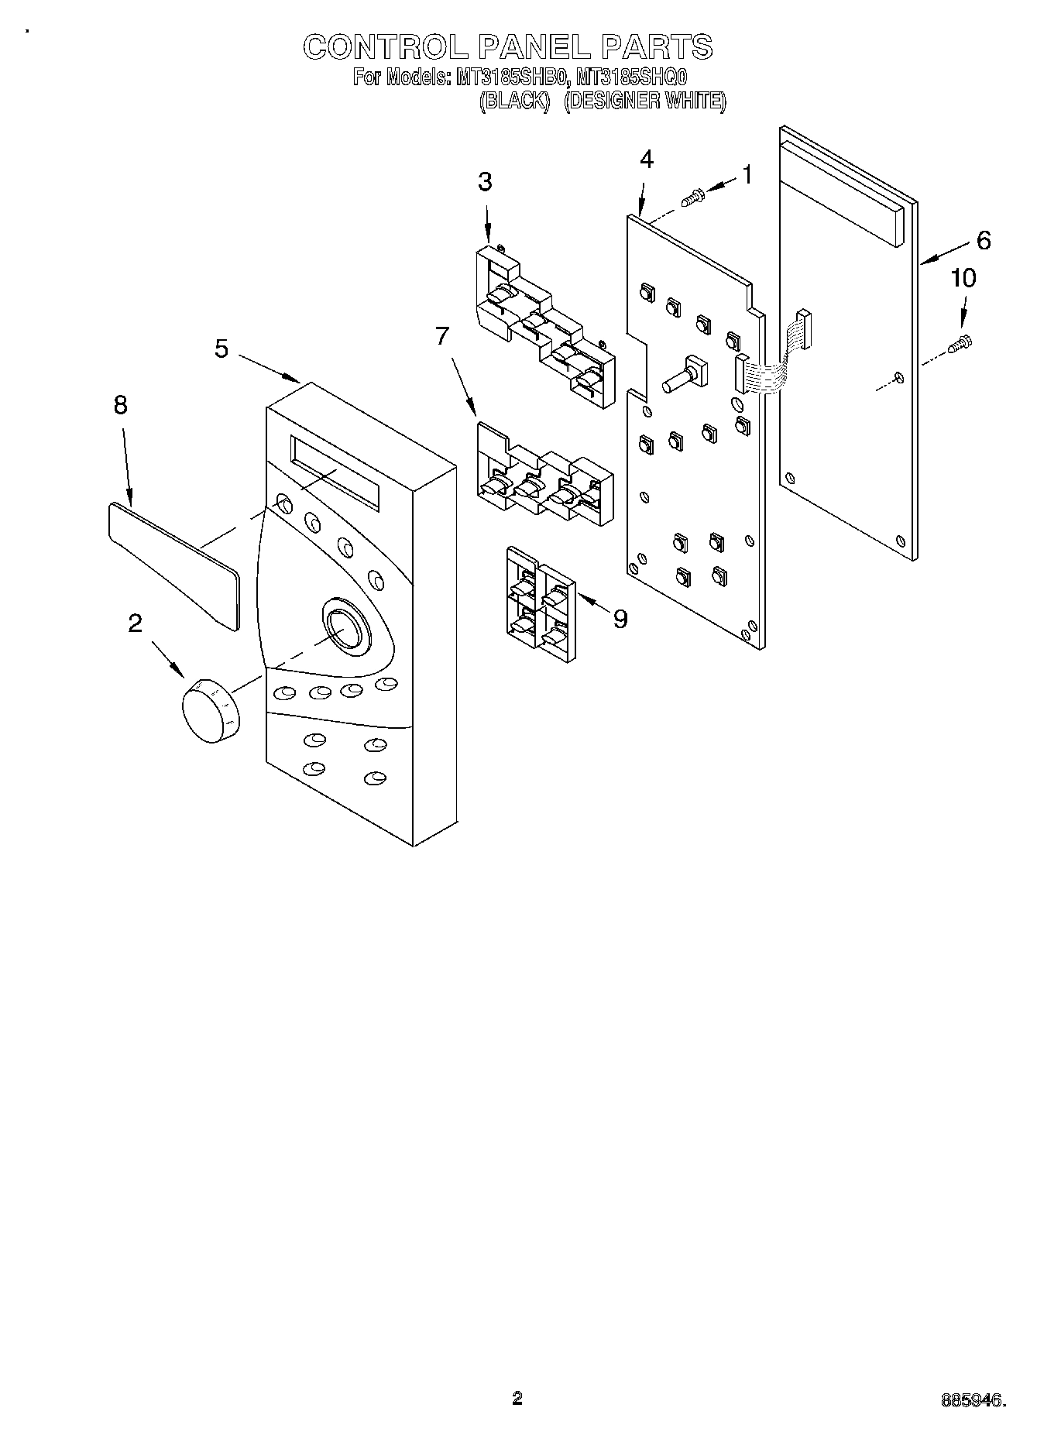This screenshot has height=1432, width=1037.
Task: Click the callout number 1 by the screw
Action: coord(747,176)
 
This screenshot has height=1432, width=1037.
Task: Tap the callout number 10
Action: coord(963,278)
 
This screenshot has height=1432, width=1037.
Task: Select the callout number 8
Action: coord(120,405)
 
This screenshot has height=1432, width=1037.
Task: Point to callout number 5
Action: coord(221,349)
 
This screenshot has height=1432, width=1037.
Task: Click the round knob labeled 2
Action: coord(211,709)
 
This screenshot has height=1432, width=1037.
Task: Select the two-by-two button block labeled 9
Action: coord(540,603)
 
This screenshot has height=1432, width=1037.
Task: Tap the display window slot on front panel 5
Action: coord(335,472)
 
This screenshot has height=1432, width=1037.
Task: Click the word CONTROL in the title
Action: coord(384,47)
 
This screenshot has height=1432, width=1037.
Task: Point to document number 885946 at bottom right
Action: coord(973,1398)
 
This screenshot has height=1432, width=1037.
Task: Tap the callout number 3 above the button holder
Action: coord(485,182)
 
